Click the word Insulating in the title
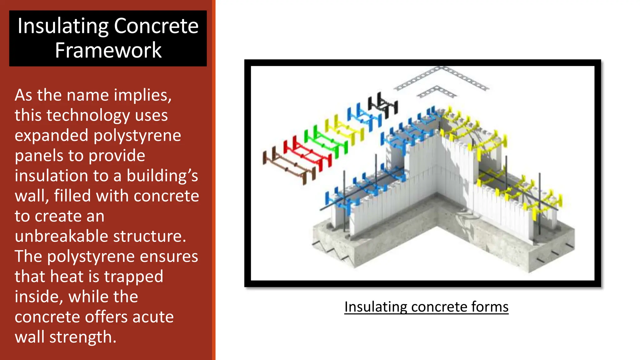click(x=62, y=26)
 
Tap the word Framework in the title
click(x=108, y=50)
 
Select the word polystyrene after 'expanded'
click(x=137, y=136)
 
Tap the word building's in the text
click(x=162, y=176)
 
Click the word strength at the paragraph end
click(x=83, y=337)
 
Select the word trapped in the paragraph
click(x=133, y=277)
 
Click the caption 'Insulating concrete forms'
click(x=426, y=307)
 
